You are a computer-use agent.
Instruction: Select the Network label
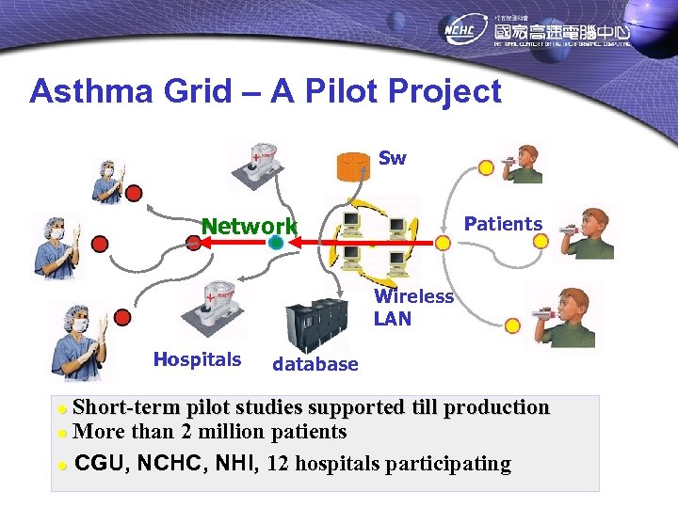250,226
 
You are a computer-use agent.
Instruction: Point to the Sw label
392,158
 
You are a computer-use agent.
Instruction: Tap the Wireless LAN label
413,308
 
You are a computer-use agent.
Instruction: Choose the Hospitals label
197,359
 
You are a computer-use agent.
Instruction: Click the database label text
315,364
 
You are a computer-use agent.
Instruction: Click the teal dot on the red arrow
275,242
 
